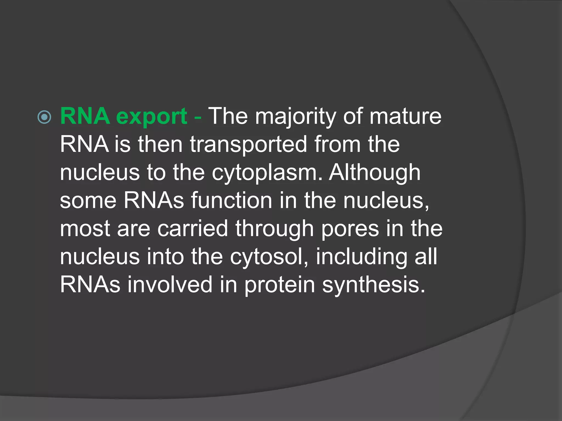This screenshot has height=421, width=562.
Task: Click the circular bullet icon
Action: [44, 117]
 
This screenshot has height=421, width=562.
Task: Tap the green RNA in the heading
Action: [85, 116]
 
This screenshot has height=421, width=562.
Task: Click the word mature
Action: [405, 116]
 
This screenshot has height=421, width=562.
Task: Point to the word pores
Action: [350, 229]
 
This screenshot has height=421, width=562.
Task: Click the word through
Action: [274, 229]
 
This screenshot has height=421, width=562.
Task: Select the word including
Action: [361, 257]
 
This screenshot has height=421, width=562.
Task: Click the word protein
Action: [280, 285]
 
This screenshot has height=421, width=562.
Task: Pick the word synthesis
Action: [373, 285]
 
